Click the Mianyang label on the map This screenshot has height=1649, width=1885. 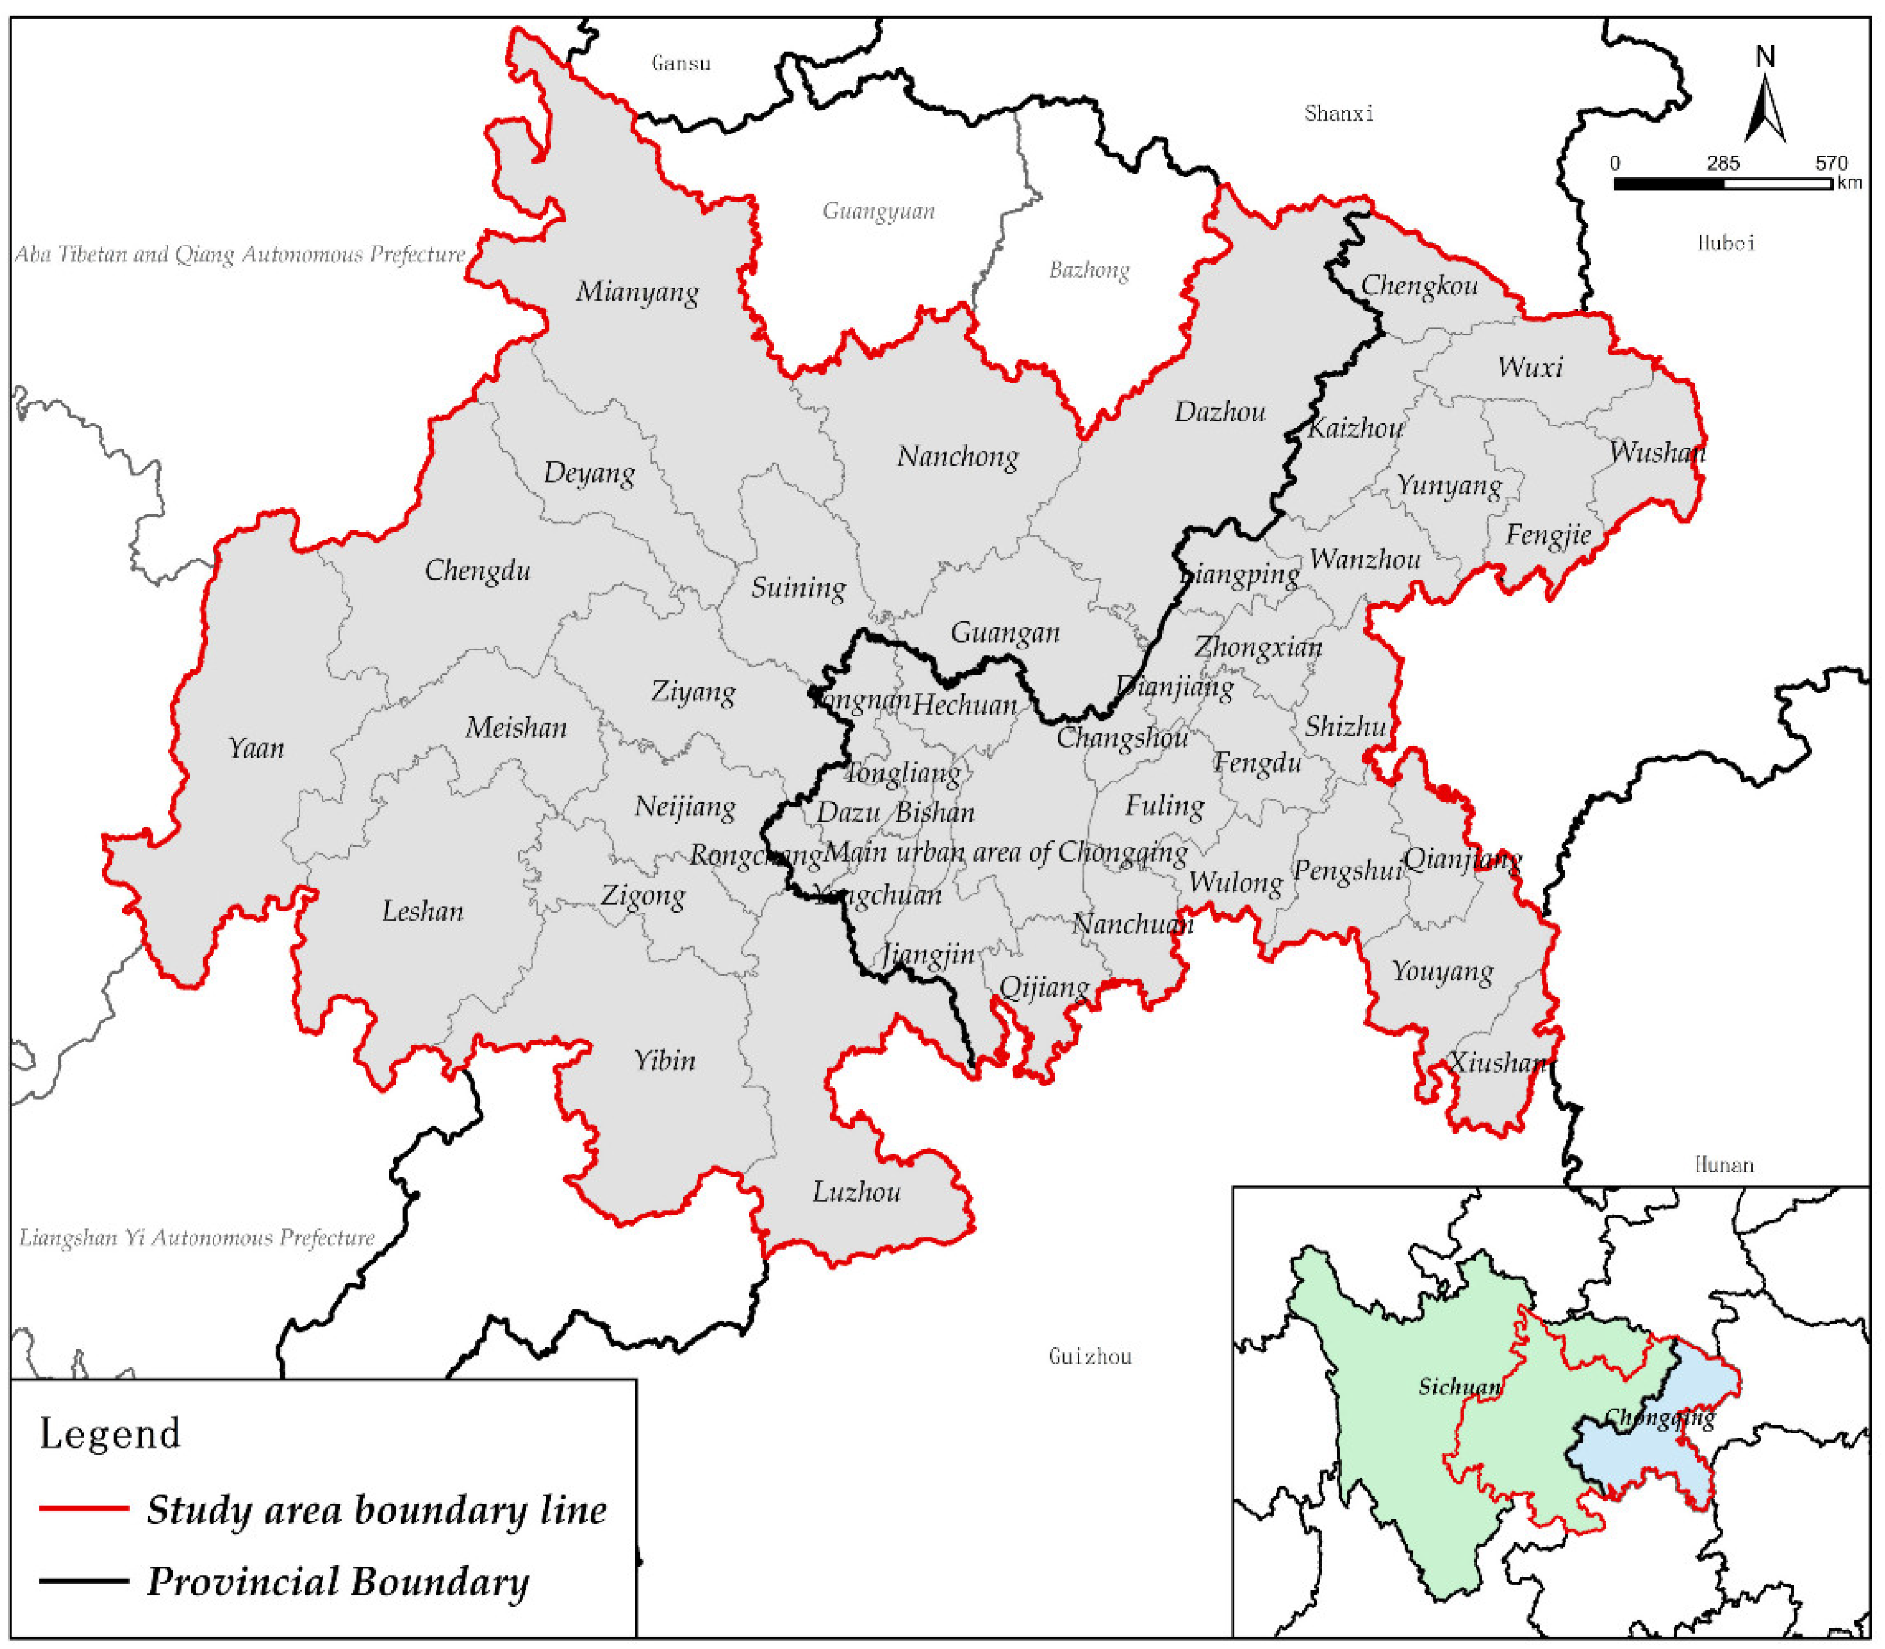(637, 292)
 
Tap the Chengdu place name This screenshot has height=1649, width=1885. (478, 570)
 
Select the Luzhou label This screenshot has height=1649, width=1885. (856, 1192)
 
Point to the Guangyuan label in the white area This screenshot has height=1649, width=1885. (878, 211)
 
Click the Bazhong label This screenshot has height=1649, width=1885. (1089, 269)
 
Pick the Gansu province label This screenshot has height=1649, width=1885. (681, 62)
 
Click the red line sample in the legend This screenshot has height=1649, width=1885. (84, 1509)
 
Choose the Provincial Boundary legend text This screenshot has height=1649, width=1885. (338, 1581)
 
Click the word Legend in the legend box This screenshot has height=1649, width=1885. (110, 1433)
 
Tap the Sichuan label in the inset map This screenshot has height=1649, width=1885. (1459, 1387)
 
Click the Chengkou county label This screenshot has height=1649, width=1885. (1419, 286)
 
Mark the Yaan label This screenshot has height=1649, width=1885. (256, 747)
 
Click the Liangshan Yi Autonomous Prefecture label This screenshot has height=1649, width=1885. (197, 1238)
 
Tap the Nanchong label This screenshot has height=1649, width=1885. (957, 457)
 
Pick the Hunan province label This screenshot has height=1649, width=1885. (1724, 1165)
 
